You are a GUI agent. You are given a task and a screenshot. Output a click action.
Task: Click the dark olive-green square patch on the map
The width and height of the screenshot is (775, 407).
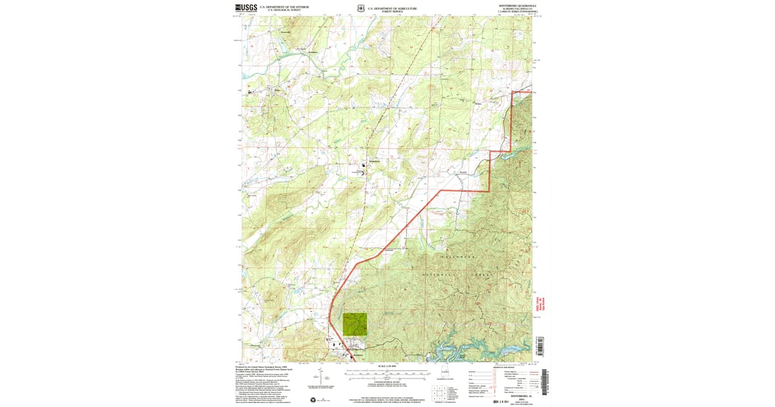click(355, 324)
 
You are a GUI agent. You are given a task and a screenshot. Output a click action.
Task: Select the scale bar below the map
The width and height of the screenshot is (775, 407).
click(388, 373)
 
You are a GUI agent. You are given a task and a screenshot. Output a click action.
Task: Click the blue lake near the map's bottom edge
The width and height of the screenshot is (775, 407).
click(452, 353)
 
